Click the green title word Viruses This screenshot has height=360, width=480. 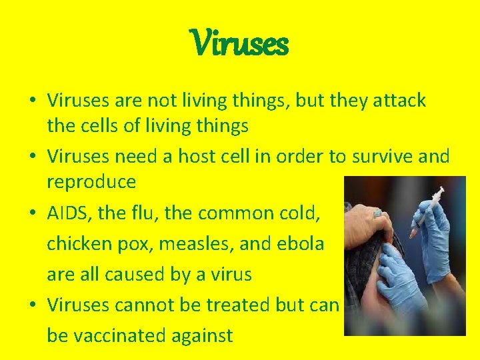click(240, 44)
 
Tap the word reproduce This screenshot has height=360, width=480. click(91, 181)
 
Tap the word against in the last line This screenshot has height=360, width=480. click(205, 335)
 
